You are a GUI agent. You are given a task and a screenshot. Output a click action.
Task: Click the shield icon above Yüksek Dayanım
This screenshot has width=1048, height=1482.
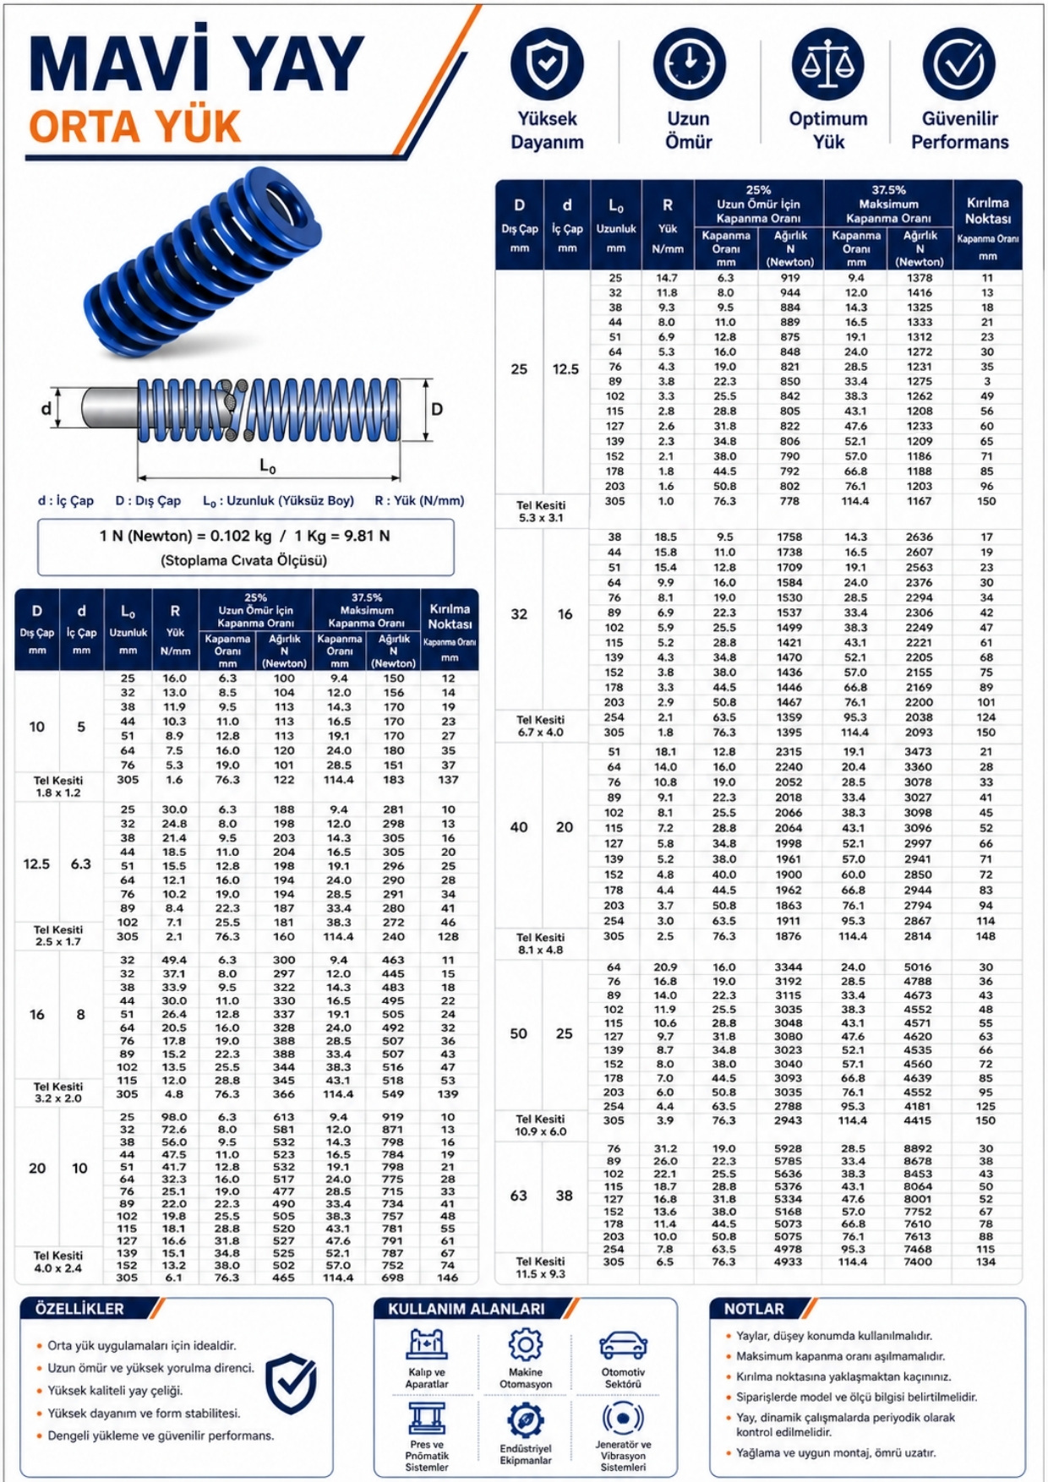point(547,64)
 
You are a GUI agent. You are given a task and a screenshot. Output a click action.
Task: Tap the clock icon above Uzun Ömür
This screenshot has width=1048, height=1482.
point(689,64)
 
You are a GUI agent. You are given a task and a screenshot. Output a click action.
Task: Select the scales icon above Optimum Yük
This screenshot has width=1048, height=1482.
point(827,64)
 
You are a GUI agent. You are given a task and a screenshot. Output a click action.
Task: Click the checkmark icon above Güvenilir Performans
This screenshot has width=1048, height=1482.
point(959,64)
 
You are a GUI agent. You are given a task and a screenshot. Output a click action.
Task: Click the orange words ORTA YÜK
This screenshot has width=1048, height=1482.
point(135,128)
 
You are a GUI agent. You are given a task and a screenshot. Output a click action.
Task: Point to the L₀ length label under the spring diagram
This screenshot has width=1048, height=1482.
point(267,466)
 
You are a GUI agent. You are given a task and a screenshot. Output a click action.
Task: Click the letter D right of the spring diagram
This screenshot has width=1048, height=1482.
point(437,410)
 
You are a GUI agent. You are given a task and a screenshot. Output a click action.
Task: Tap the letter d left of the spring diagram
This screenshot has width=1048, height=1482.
point(46,410)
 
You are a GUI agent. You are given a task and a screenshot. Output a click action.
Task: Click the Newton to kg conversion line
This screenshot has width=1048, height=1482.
point(244,536)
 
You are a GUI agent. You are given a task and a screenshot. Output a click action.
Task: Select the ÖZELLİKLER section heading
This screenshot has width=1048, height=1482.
point(80,1309)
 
